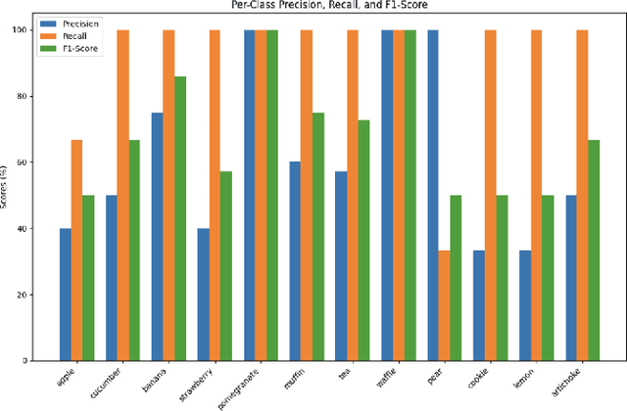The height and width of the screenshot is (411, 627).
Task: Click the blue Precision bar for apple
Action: click(x=65, y=295)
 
